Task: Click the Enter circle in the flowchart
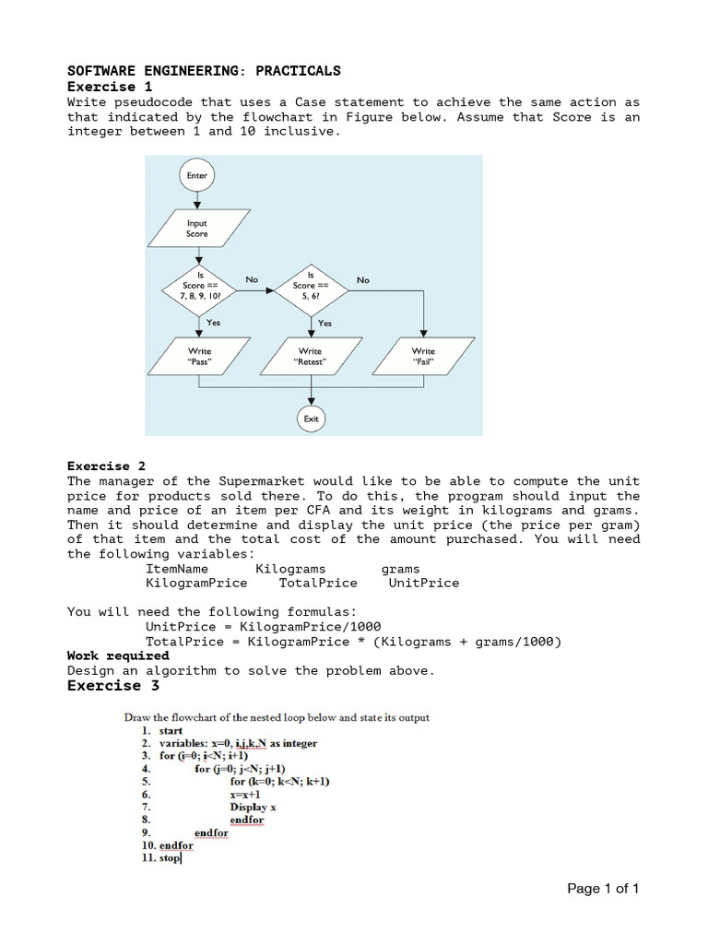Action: tap(197, 175)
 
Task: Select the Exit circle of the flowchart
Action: tap(312, 419)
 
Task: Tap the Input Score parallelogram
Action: tap(197, 229)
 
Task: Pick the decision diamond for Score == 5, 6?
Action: tap(311, 290)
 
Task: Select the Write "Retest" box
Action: tap(311, 357)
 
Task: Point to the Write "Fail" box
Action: tap(423, 357)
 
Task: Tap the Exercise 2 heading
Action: tap(106, 466)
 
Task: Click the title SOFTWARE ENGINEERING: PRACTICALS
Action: tap(204, 71)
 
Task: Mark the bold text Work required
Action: tap(118, 656)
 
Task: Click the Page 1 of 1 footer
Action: tap(602, 889)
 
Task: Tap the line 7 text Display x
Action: tap(253, 807)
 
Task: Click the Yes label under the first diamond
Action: tap(213, 323)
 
